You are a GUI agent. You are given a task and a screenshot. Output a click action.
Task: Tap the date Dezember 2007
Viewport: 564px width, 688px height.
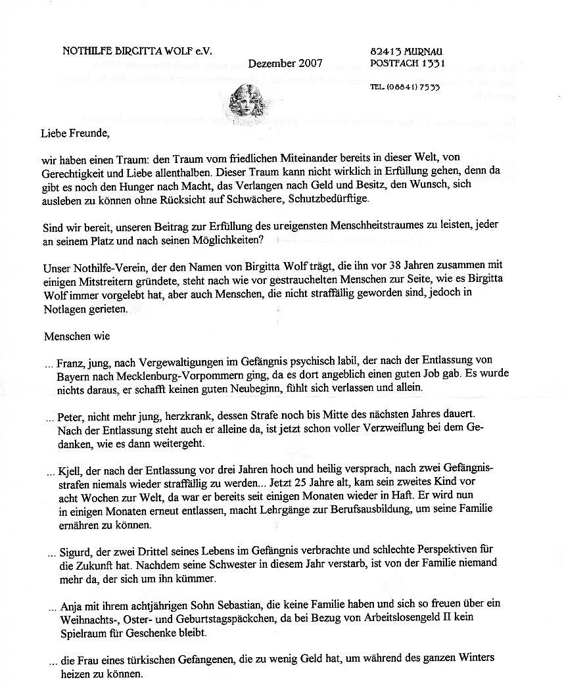[x=285, y=64]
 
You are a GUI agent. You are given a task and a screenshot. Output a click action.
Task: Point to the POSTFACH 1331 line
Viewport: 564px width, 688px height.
[x=408, y=64]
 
